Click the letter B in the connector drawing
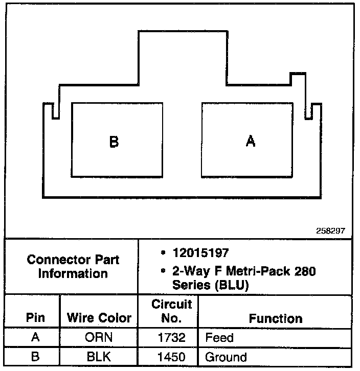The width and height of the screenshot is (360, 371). (x=114, y=142)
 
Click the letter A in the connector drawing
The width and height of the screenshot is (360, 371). (x=250, y=141)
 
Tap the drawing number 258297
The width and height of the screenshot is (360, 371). (x=331, y=231)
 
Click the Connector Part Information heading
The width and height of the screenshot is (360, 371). (x=73, y=266)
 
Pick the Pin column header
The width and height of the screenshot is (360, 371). (x=35, y=318)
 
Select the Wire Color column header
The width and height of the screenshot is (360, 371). (x=99, y=318)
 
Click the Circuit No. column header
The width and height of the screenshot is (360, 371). (x=172, y=311)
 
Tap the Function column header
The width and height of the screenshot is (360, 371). (x=276, y=318)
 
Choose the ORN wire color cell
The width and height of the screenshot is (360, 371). (x=99, y=338)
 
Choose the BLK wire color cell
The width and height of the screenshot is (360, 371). (x=99, y=357)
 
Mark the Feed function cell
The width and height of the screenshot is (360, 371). (x=219, y=338)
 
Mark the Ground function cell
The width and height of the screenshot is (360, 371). (x=226, y=357)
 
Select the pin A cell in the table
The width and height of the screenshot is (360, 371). (x=35, y=338)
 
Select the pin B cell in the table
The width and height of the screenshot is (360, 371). (x=35, y=357)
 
